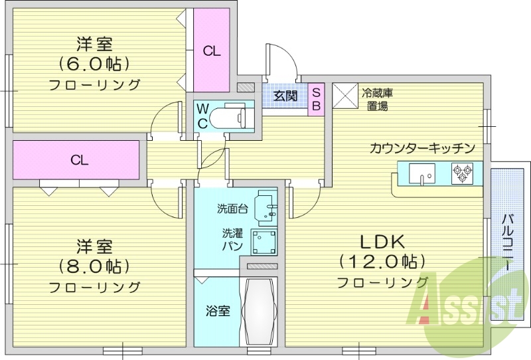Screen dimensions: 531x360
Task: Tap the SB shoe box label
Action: tap(316, 98)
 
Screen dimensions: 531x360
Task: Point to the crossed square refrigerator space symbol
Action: tap(344, 95)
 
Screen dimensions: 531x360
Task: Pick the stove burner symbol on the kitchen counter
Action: tap(461, 174)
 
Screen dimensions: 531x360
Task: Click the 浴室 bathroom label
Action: tap(218, 310)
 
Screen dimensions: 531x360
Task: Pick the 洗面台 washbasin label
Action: tap(232, 209)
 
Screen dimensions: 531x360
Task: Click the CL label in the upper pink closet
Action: tap(212, 51)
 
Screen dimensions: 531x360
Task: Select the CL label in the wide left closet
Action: tap(80, 160)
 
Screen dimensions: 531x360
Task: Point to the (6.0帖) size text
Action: tap(94, 64)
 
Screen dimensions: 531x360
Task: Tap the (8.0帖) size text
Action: tap(94, 266)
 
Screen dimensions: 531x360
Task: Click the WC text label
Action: tap(202, 115)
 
